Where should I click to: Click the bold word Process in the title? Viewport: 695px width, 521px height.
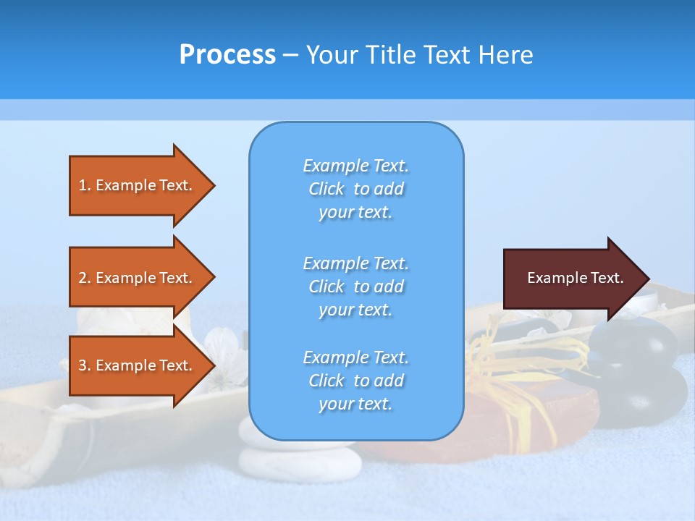coord(227,54)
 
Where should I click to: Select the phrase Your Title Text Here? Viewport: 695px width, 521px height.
coord(419,54)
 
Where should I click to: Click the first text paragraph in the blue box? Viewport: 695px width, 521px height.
coord(355,189)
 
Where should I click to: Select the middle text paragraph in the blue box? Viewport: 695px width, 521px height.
coord(355,286)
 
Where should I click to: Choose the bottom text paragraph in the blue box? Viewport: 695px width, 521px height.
coord(355,381)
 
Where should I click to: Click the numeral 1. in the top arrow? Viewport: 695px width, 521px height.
coord(85,185)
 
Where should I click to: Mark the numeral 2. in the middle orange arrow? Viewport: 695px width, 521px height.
coord(85,278)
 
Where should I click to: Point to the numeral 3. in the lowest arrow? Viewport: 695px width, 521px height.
coord(85,365)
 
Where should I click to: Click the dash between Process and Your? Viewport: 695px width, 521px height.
coord(290,55)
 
